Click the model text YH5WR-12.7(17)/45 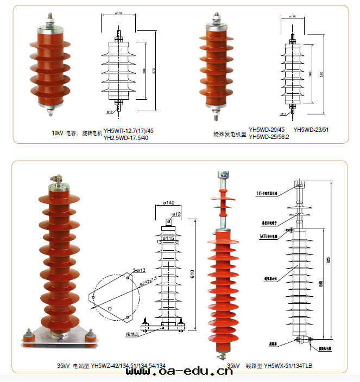click(129, 130)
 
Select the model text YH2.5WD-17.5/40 click(125, 137)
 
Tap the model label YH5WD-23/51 click(311, 130)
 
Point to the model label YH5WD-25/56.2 click(269, 137)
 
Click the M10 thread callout click(109, 112)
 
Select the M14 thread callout click(283, 114)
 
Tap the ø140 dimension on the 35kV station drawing click(168, 203)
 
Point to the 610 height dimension click(192, 275)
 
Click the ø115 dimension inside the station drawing click(168, 238)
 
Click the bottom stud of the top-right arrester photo click(217, 116)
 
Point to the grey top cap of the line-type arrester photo click(223, 176)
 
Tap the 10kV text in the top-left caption click(58, 133)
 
